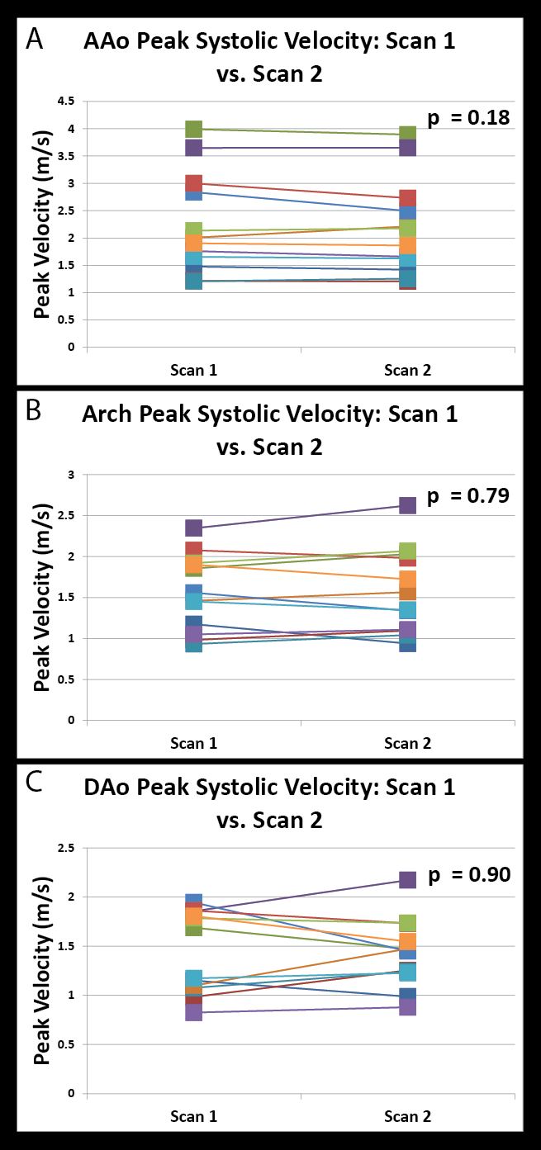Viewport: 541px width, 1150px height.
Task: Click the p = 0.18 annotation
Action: click(x=468, y=118)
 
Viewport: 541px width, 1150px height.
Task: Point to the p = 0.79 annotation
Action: click(x=468, y=496)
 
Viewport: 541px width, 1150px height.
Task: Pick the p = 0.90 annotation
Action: click(x=468, y=874)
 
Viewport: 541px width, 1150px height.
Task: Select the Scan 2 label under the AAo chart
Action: click(x=408, y=371)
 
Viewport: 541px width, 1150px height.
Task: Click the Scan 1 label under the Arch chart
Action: click(x=194, y=743)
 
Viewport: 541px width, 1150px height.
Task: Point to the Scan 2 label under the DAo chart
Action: click(x=408, y=1116)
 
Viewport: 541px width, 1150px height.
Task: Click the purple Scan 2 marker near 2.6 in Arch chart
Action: click(x=408, y=505)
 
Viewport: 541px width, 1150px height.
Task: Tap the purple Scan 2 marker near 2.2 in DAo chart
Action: click(x=408, y=880)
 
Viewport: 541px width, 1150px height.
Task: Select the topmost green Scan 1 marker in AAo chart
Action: click(x=194, y=129)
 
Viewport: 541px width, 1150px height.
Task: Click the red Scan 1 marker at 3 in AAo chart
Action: click(x=194, y=183)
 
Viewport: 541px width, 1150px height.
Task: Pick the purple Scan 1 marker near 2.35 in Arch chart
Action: click(x=194, y=528)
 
